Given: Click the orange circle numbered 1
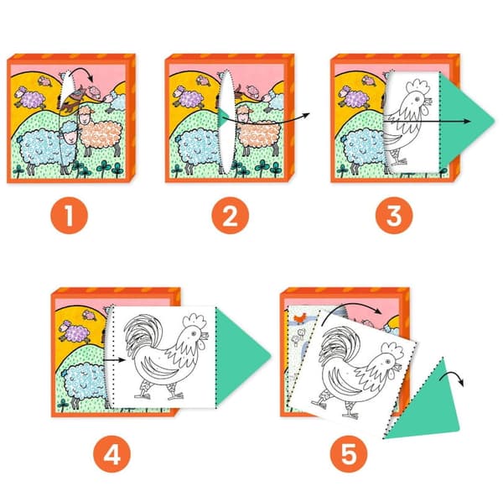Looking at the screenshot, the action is click(69, 215).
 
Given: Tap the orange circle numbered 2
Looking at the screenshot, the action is click(230, 215).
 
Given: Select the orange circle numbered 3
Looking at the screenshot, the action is click(394, 215).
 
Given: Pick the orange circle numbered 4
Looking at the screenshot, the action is click(112, 453).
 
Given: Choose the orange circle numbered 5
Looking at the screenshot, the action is click(349, 453).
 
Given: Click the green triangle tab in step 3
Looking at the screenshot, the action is click(462, 121).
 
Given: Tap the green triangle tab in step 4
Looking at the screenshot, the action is click(237, 357).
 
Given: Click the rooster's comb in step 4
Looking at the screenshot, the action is click(194, 320).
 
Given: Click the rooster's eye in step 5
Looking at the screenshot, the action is click(388, 362).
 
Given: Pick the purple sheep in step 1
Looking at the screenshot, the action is click(30, 97).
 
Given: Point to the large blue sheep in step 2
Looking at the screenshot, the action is click(200, 149).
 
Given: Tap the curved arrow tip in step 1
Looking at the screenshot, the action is click(91, 79).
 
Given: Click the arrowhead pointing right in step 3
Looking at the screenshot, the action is click(468, 122).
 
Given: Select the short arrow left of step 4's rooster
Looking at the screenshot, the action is click(115, 360).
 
